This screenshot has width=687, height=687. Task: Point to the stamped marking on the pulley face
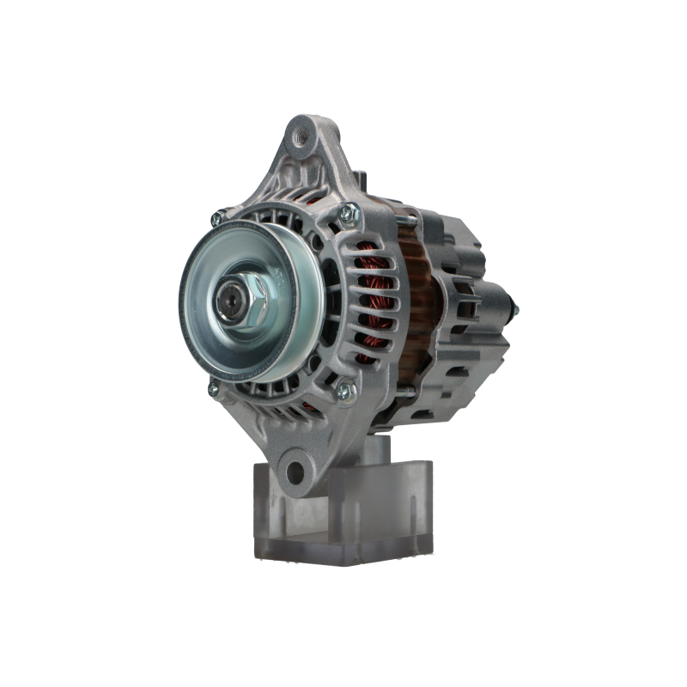281,274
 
